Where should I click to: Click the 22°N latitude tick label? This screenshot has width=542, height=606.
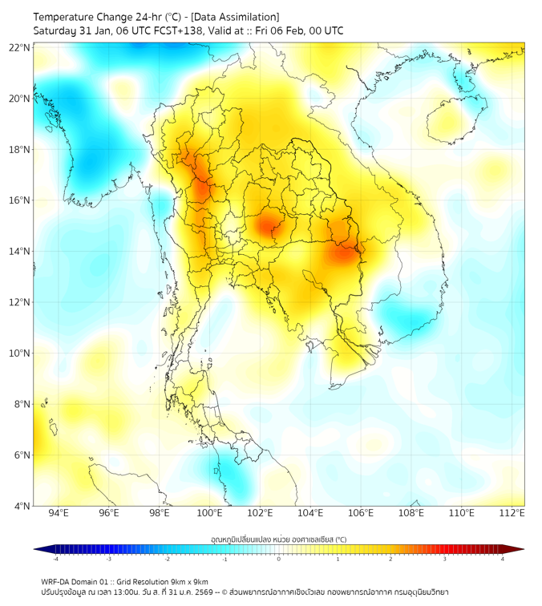click(20, 47)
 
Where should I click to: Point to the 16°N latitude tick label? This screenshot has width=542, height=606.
click(20, 200)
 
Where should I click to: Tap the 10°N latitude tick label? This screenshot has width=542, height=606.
click(20, 353)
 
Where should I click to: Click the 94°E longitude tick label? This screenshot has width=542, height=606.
click(59, 513)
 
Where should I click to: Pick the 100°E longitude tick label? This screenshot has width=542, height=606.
click(209, 513)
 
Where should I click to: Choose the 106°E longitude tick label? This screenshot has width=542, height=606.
click(361, 513)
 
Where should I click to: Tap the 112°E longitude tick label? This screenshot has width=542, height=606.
click(512, 513)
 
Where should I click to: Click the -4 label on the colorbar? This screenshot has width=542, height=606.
click(55, 559)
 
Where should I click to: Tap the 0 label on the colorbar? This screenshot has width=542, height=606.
click(278, 559)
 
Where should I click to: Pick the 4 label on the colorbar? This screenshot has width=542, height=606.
click(502, 559)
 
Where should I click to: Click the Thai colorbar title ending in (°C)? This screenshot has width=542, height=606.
click(278, 539)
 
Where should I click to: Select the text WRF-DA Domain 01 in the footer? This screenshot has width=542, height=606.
click(75, 581)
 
